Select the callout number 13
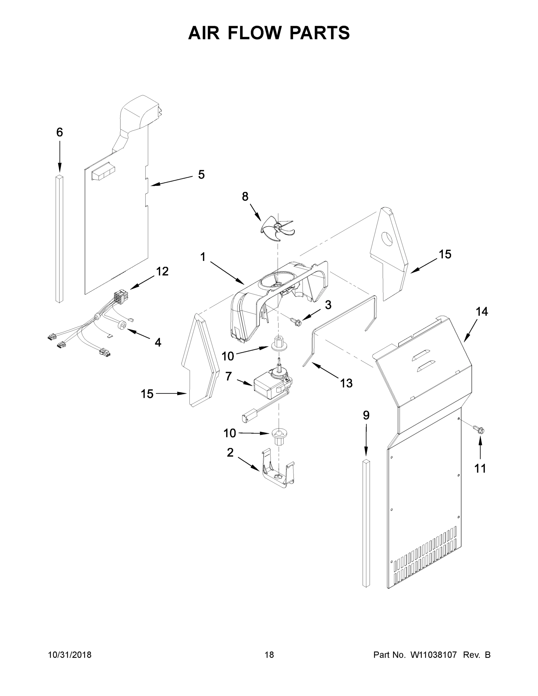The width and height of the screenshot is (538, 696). (x=346, y=383)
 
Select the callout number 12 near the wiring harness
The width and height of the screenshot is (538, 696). (x=162, y=271)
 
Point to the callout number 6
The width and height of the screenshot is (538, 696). (x=60, y=132)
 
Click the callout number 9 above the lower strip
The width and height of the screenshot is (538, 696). (x=366, y=415)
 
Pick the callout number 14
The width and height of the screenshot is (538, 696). (x=481, y=312)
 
